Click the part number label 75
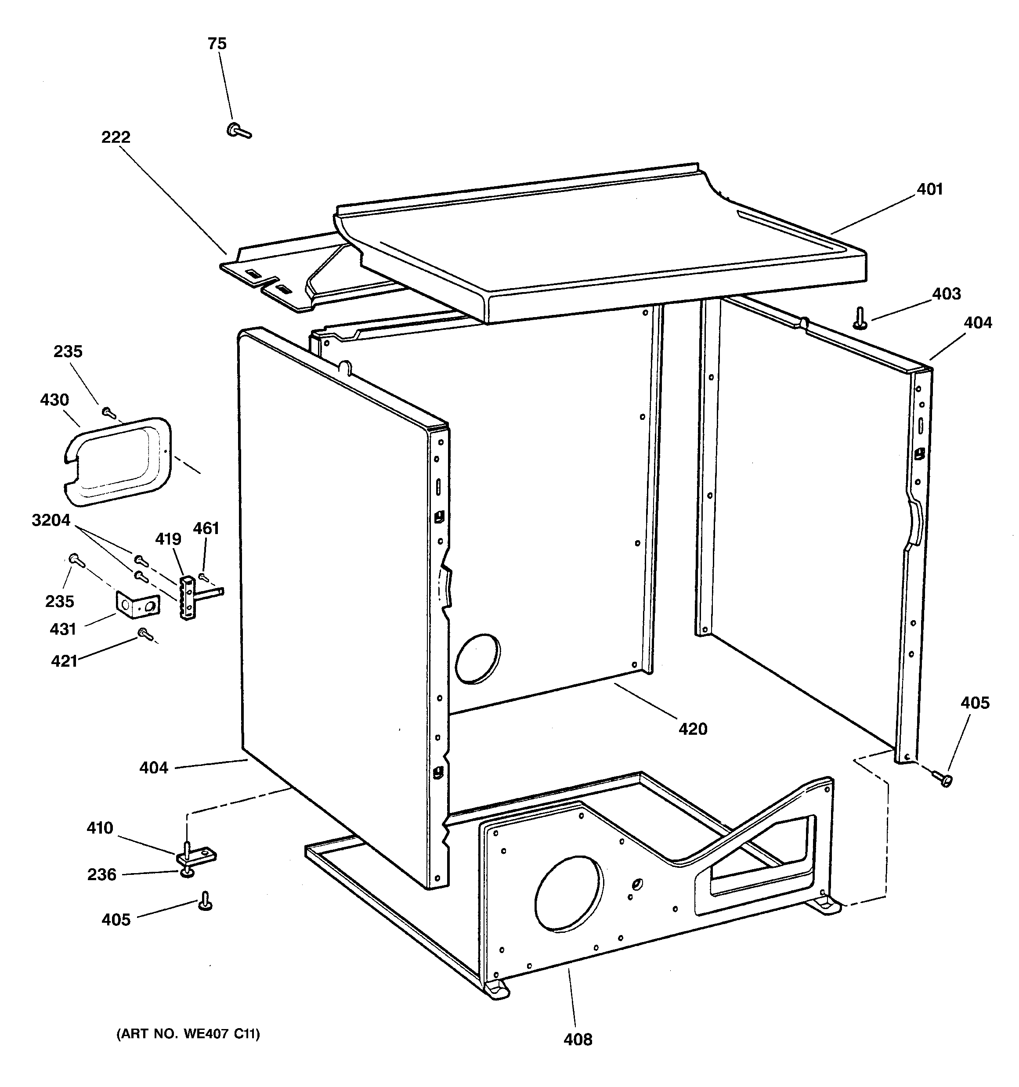click(x=217, y=44)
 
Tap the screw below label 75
click(x=238, y=131)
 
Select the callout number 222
click(x=116, y=137)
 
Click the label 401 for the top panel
click(x=930, y=190)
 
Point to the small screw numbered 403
click(x=860, y=318)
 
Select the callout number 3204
click(x=51, y=520)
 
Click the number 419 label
click(x=168, y=539)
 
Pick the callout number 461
click(x=206, y=528)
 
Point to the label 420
click(x=693, y=729)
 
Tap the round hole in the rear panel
click(x=477, y=659)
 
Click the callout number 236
click(x=102, y=874)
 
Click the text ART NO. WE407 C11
click(x=188, y=1033)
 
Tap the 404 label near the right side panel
click(x=977, y=323)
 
